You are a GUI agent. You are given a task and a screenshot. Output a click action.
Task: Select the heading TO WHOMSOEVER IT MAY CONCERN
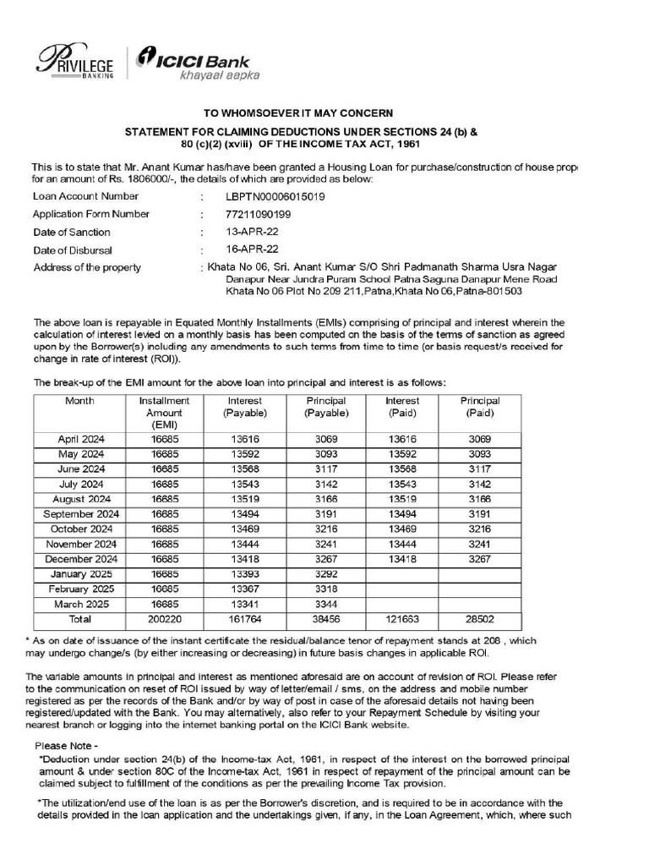tap(301, 113)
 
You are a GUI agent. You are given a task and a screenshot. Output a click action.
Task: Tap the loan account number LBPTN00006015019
tap(270, 196)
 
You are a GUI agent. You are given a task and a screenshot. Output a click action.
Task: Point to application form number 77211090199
tap(252, 214)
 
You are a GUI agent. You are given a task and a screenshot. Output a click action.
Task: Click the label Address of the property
tap(86, 268)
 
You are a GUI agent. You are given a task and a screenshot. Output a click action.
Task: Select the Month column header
tap(79, 401)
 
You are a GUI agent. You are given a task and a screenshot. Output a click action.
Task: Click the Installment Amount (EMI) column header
tap(164, 413)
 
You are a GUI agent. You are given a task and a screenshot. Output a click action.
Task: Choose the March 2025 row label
tap(80, 604)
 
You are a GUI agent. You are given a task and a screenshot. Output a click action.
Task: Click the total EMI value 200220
tap(164, 619)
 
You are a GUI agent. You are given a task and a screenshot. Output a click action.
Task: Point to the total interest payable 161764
tap(245, 619)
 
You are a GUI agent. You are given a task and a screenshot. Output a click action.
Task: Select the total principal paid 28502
tap(480, 619)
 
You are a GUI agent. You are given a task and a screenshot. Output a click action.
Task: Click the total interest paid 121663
tap(402, 619)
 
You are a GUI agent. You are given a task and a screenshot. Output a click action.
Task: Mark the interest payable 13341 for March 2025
tap(245, 604)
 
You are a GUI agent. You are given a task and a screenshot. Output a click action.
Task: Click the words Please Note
tap(66, 747)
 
